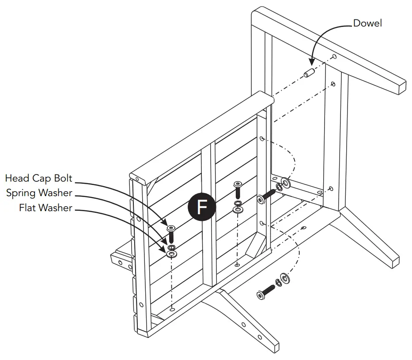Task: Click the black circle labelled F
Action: tap(202, 206)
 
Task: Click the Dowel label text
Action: tap(367, 23)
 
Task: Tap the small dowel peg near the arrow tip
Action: tap(308, 72)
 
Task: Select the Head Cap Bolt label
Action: tap(39, 178)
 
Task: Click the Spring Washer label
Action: tap(39, 193)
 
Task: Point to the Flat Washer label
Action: tap(45, 208)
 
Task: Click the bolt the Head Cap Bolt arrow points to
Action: tap(171, 232)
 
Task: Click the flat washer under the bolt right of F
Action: tap(238, 209)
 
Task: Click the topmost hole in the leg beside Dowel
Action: tap(334, 57)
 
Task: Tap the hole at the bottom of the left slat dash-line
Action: tap(172, 310)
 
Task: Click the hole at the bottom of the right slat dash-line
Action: tap(238, 265)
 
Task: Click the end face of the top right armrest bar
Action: tap(401, 87)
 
